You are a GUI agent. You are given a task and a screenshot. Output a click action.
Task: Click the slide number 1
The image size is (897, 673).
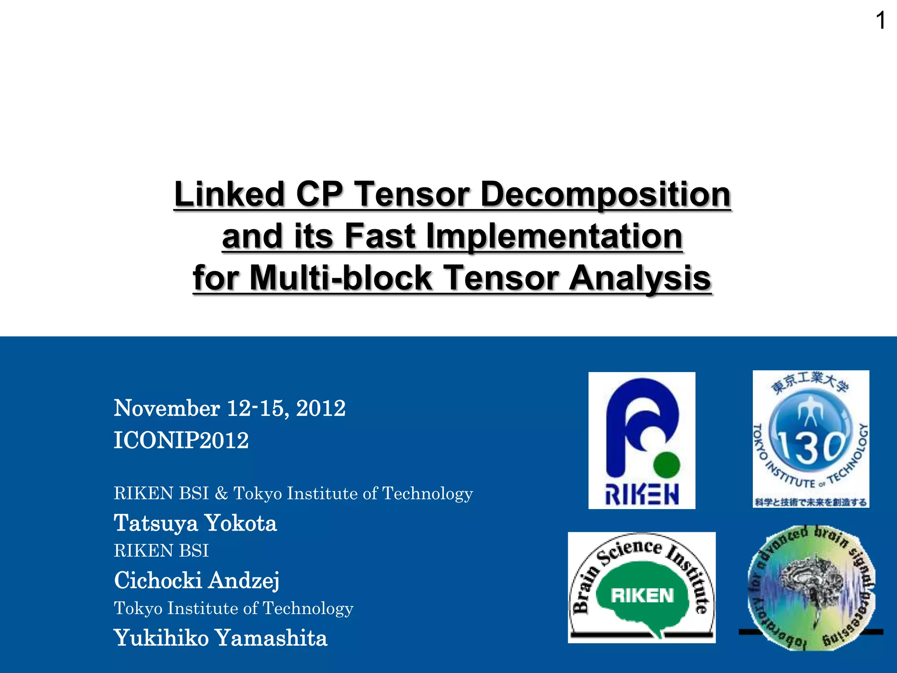click(x=880, y=21)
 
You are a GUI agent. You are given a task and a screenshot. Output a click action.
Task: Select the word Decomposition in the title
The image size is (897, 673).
click(x=605, y=194)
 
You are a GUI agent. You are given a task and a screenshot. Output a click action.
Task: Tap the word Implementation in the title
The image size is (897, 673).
click(x=554, y=236)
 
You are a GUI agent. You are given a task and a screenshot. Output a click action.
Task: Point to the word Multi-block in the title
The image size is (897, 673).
click(x=341, y=278)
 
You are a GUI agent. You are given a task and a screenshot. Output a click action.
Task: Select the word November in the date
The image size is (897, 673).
click(x=167, y=408)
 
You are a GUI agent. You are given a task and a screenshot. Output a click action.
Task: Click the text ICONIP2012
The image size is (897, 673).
click(x=181, y=440)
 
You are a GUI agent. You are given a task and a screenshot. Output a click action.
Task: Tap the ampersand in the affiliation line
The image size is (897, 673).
click(x=221, y=494)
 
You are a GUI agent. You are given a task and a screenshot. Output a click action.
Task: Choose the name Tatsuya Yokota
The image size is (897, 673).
click(x=195, y=523)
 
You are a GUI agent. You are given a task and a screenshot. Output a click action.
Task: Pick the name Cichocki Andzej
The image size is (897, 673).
click(x=197, y=581)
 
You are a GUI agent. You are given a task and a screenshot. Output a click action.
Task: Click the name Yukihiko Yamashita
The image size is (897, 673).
click(x=220, y=638)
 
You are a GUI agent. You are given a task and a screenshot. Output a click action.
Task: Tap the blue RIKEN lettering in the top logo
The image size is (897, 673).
click(x=642, y=495)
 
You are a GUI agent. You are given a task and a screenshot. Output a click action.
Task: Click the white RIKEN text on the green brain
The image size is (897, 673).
click(x=642, y=595)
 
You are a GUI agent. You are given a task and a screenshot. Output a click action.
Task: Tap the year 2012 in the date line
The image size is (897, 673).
click(x=321, y=408)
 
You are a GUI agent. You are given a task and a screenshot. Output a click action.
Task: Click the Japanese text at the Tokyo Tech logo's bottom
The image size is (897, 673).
click(x=811, y=502)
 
